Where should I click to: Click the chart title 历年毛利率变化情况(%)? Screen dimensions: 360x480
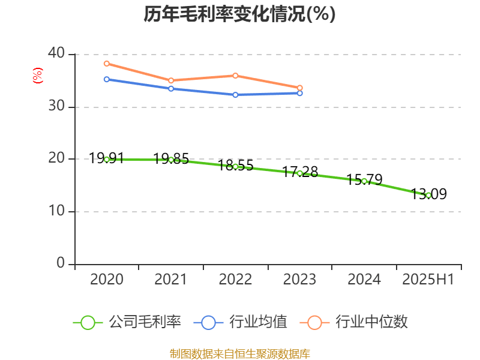coord(239,14)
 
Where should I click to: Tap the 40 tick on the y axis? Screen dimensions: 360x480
coord(57,54)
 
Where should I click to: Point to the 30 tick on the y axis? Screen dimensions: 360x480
coord(57,107)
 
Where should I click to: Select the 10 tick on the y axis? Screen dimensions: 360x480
coord(57,212)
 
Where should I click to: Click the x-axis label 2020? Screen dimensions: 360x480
coord(107,280)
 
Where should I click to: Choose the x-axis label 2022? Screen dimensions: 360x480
coord(235,280)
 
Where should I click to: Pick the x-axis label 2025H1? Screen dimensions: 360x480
coord(428,280)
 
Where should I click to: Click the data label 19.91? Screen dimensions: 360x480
coord(107,158)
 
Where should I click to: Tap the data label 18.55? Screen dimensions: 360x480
coord(235,166)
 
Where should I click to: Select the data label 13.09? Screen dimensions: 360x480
coord(429,194)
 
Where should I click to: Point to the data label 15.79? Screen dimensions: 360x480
coord(364,180)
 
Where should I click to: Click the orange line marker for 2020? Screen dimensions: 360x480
coord(107,64)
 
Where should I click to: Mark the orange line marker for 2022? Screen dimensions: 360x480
coord(235,76)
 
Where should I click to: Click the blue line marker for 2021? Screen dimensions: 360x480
coord(171,89)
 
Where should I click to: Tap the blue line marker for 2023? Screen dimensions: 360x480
coord(300,93)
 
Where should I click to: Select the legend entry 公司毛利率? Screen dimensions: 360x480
coord(127,322)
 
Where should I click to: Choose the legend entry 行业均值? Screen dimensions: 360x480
coord(241,322)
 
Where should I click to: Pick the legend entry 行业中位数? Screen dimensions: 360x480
coord(358,322)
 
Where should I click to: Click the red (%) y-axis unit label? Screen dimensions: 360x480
coord(38,76)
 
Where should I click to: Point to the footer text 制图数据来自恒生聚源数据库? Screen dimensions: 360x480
coord(239,353)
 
